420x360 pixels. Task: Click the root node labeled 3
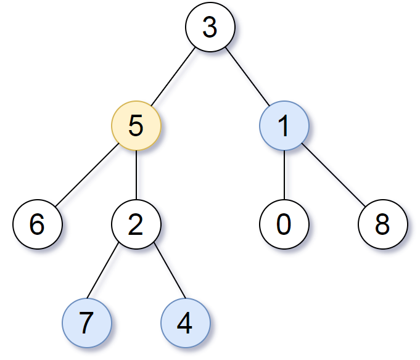tap(210, 27)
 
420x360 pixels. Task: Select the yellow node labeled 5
tap(136, 126)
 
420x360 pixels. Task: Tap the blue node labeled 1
tap(284, 126)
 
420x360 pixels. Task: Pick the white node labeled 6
tap(37, 224)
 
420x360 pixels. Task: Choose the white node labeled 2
tap(136, 224)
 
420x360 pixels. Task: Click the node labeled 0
tap(284, 224)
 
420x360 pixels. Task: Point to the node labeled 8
tap(382, 224)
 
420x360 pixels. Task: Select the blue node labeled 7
tap(86, 323)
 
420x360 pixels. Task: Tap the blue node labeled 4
tap(185, 323)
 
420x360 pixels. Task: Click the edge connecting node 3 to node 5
tap(173, 76)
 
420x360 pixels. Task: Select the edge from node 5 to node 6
tap(86, 175)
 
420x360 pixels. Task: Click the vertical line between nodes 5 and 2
tap(136, 175)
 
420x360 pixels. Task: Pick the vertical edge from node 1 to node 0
tap(284, 175)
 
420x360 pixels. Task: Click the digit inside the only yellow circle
tap(136, 126)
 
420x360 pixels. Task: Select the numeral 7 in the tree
tap(86, 323)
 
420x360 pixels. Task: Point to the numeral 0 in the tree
tap(284, 224)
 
